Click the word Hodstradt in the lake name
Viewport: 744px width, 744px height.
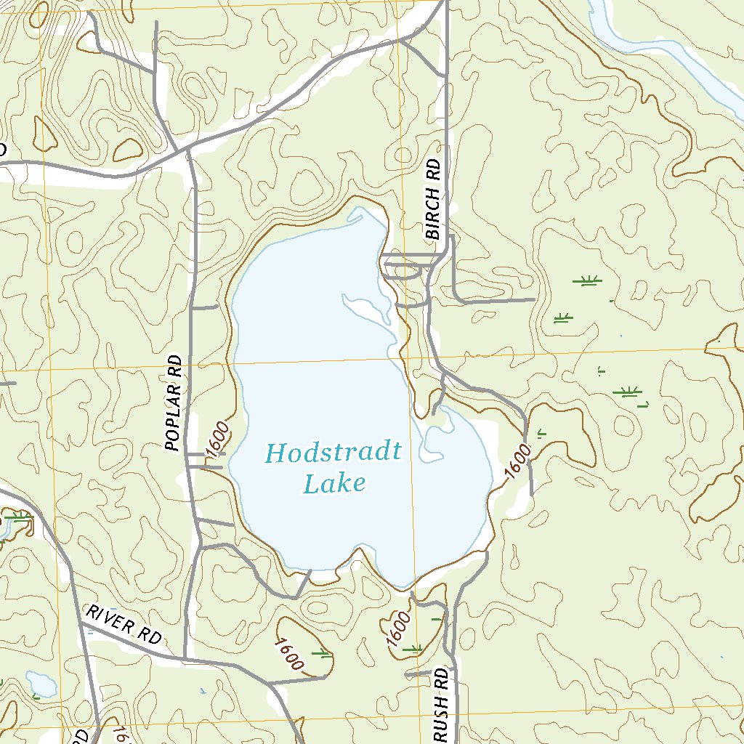pos(333,453)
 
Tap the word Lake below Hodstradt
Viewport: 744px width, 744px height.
pos(333,483)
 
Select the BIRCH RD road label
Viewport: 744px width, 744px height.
pos(434,200)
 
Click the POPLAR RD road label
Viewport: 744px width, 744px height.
pos(172,403)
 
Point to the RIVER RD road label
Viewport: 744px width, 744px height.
pos(124,623)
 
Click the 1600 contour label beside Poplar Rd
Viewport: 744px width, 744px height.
pos(218,440)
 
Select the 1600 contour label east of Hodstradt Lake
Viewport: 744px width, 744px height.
pos(517,461)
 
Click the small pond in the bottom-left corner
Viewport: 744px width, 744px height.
pos(41,684)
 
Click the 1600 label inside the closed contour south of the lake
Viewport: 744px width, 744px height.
pos(288,653)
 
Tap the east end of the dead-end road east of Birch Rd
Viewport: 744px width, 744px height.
pos(533,299)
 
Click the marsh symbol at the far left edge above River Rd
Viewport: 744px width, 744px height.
pos(18,518)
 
